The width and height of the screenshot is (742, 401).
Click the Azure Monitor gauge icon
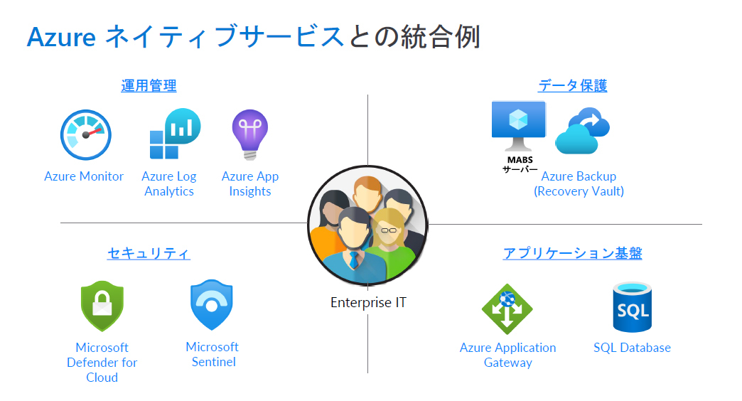point(86,134)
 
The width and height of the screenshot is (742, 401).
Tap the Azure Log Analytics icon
point(174,134)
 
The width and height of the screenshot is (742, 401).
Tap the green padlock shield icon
point(102,306)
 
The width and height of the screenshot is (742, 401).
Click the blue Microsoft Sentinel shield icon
point(212,305)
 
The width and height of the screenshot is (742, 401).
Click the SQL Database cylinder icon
point(632,307)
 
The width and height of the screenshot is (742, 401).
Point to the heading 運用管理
point(149,86)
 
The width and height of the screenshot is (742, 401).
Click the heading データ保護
point(572,86)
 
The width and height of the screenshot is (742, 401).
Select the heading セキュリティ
point(149,253)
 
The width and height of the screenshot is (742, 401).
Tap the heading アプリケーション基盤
point(572,253)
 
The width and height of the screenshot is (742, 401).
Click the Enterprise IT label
point(368,302)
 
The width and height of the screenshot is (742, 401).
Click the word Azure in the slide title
point(61,37)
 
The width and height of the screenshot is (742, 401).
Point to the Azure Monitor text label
point(84,176)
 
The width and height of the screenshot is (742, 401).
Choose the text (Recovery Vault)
point(579,191)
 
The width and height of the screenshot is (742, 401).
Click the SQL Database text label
point(632,348)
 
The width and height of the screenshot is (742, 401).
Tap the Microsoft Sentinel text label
point(213,354)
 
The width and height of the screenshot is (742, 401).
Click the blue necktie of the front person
point(353,259)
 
